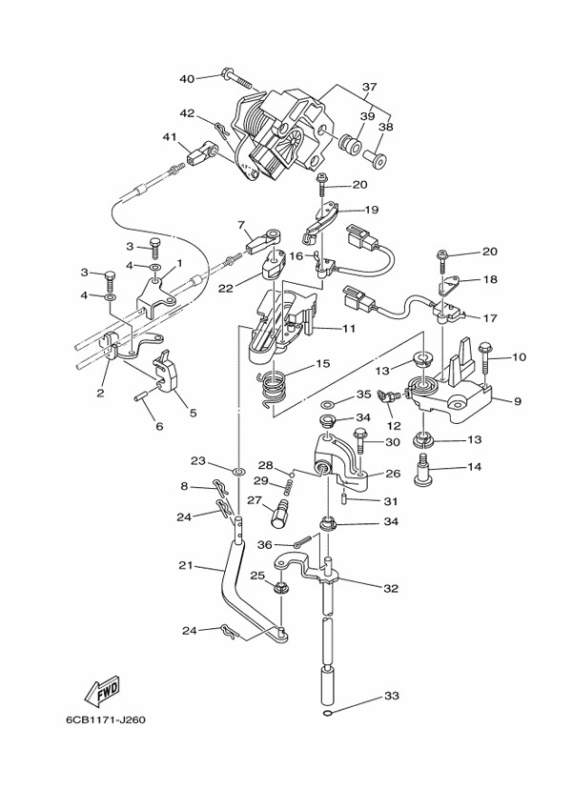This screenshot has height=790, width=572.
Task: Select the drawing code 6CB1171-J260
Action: [105, 719]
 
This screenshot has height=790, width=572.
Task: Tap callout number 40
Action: [187, 78]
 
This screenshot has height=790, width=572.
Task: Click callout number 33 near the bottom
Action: [390, 695]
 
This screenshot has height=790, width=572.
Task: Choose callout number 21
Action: [185, 566]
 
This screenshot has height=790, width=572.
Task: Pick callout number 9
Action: [517, 401]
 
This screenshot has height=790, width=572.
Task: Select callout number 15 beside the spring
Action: [322, 363]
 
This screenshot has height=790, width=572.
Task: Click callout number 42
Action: [187, 113]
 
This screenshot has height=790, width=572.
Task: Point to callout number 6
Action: [159, 426]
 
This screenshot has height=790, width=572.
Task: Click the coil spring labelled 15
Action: [275, 384]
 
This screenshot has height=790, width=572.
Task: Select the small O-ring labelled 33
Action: [328, 713]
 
